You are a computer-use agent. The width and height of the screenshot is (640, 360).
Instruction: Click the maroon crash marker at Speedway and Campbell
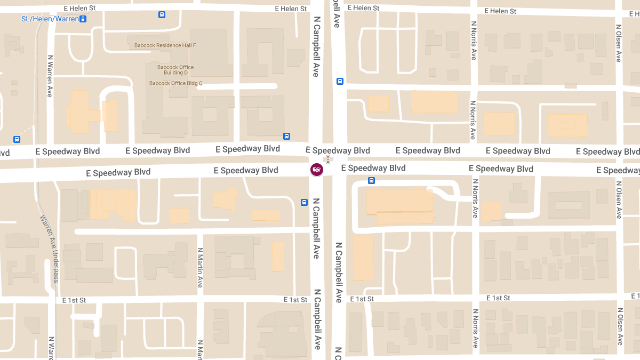tap(317, 170)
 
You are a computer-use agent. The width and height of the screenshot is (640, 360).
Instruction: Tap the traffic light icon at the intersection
tap(327, 159)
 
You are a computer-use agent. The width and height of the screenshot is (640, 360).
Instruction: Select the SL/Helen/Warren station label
tap(50, 19)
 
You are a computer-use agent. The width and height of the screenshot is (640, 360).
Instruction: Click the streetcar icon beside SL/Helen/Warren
tap(83, 19)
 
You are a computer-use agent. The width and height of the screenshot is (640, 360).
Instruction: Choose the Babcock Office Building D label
tap(175, 70)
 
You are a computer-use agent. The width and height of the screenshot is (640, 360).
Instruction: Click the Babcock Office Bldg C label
tap(175, 83)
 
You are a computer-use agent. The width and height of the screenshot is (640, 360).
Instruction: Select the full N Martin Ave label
tap(200, 267)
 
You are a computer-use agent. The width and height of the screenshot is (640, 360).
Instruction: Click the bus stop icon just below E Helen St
tap(162, 14)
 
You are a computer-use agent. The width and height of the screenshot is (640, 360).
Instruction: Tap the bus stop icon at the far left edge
tap(17, 140)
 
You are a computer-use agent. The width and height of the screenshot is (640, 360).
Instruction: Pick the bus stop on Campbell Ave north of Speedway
tap(340, 81)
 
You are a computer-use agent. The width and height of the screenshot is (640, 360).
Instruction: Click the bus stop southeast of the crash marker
tap(372, 180)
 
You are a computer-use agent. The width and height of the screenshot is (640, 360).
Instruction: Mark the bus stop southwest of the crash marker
tap(304, 202)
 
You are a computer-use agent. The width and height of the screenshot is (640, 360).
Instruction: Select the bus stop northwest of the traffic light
tap(286, 136)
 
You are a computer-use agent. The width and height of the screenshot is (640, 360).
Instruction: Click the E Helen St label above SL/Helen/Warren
tap(79, 9)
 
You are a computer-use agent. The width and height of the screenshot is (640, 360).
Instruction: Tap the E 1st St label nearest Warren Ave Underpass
tap(74, 300)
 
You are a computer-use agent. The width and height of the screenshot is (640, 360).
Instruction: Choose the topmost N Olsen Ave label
tap(619, 43)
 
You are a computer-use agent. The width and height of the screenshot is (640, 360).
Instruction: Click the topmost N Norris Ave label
tap(474, 41)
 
